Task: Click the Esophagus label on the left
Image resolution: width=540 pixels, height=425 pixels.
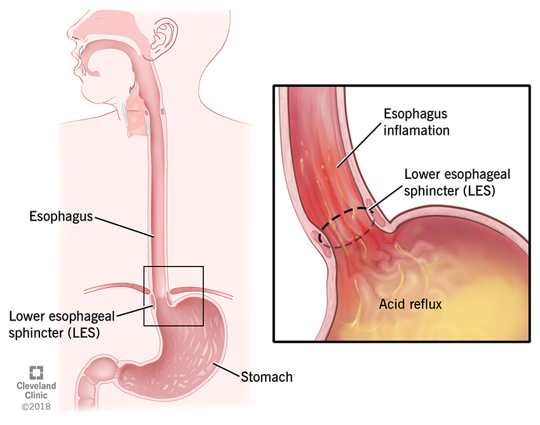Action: (61, 216)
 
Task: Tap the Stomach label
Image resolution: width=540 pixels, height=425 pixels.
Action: (267, 377)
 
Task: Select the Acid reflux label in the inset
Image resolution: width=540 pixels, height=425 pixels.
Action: (410, 304)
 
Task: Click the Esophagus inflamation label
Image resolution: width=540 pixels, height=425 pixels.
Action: (415, 122)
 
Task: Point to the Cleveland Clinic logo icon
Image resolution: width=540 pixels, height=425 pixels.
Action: (36, 373)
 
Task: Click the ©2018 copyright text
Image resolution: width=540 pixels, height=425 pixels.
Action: (36, 406)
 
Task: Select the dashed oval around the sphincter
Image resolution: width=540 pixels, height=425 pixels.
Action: (347, 228)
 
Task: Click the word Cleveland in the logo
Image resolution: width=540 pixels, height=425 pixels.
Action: (36, 386)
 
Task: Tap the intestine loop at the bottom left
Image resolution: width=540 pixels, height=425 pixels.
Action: (95, 382)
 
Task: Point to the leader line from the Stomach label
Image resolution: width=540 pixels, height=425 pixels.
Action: (225, 368)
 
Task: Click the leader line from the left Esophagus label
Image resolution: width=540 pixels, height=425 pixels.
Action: (123, 226)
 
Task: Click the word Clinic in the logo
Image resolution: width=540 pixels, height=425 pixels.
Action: (36, 395)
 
